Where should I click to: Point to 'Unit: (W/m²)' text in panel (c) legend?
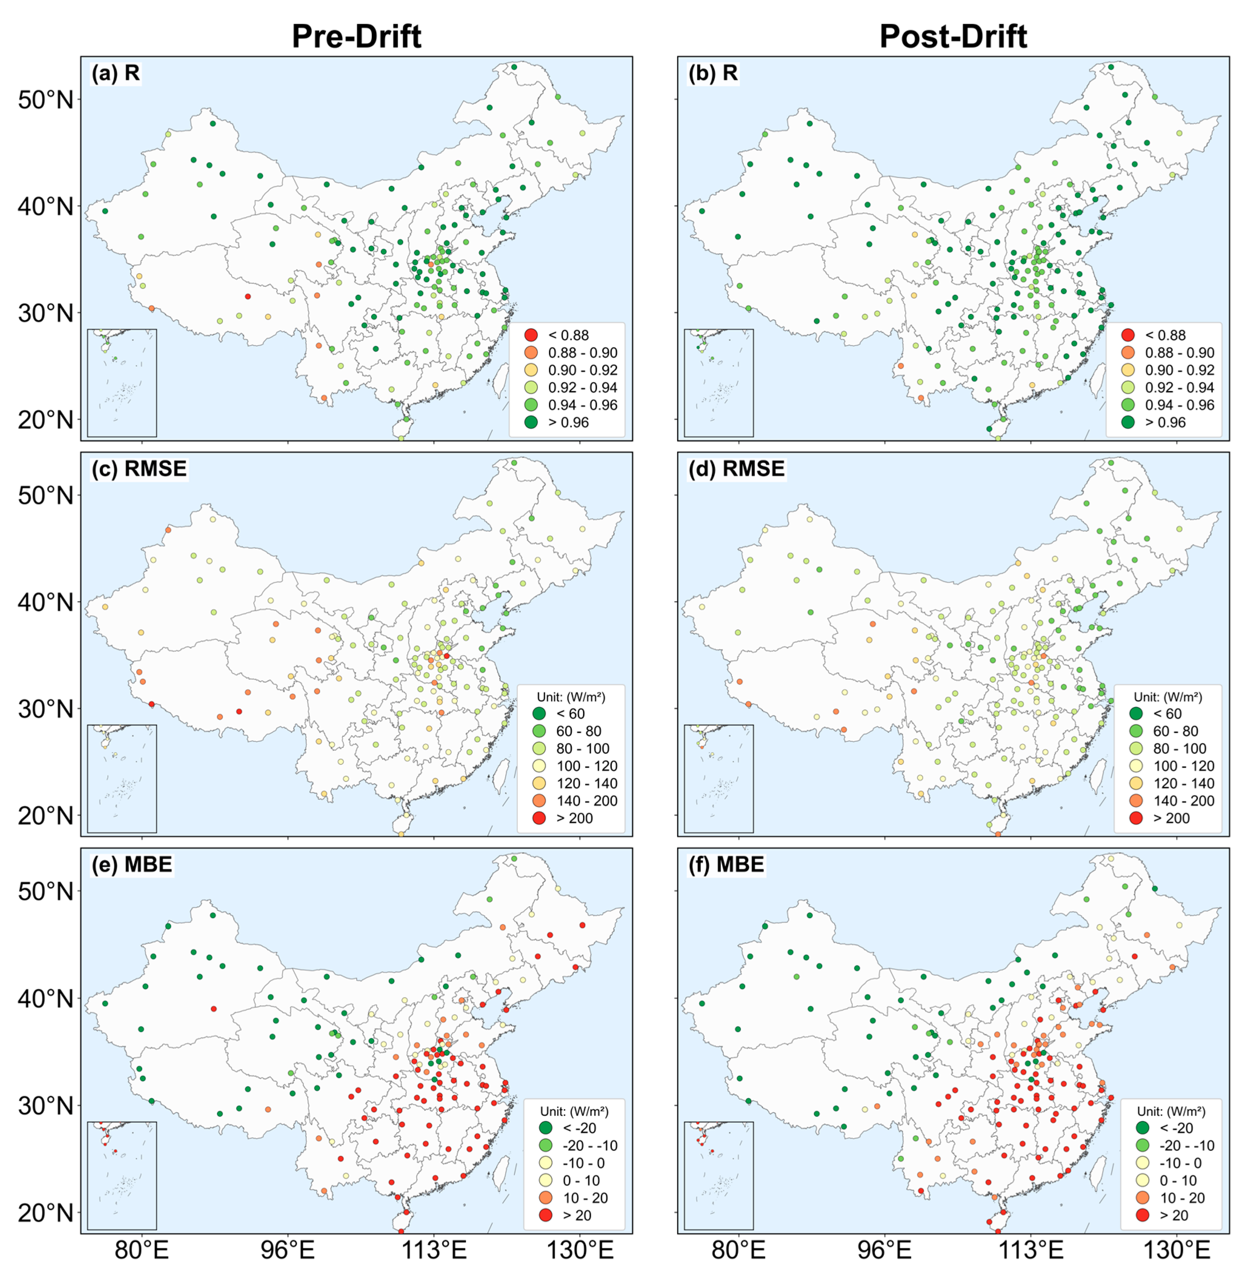click(570, 697)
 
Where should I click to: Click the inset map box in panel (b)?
click(719, 383)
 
